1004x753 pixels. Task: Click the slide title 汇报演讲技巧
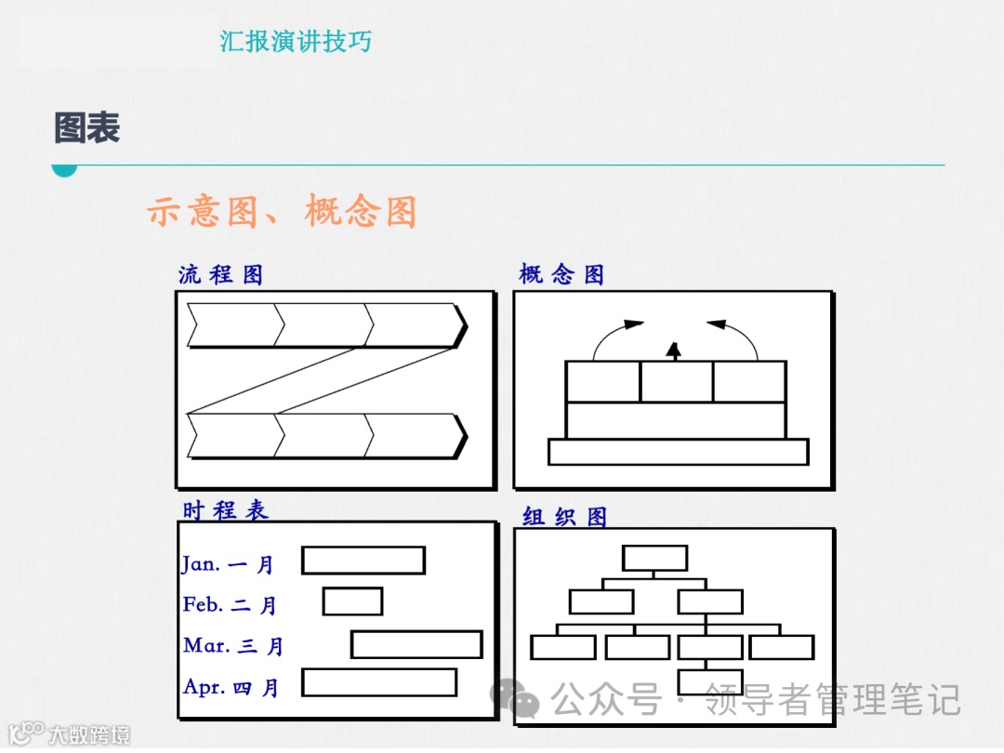coord(296,42)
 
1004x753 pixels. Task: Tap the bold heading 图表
coord(87,128)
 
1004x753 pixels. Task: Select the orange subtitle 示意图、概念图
coord(281,212)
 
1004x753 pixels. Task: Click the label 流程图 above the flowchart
coord(220,275)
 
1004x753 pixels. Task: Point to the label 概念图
coord(561,274)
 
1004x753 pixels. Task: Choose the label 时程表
coord(225,510)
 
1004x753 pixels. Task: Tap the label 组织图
coord(564,517)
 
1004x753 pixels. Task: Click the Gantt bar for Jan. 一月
coord(363,561)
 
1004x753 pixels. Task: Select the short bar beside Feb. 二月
coord(352,601)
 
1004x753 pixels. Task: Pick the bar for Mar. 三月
coord(416,644)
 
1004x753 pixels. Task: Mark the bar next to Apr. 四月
coord(379,682)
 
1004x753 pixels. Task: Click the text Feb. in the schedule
coord(203,604)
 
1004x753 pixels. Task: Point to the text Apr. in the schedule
coord(204,687)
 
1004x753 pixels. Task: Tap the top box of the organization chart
coord(654,558)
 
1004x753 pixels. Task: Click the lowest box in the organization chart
coord(710,681)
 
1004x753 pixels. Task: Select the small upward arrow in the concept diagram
coord(675,350)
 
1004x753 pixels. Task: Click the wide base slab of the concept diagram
coord(678,452)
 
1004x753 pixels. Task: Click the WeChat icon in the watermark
coord(514,698)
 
